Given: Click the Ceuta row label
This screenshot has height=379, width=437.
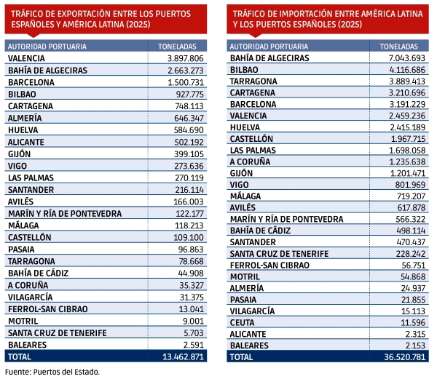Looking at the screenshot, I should tap(243, 322).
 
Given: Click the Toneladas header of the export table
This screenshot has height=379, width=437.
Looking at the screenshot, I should tap(177, 46).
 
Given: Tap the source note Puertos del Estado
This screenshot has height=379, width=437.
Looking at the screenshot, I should tap(51, 372).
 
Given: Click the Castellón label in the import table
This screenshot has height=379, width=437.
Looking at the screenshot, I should tap(251, 138).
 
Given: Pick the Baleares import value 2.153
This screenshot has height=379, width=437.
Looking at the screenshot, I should tap(412, 345).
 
